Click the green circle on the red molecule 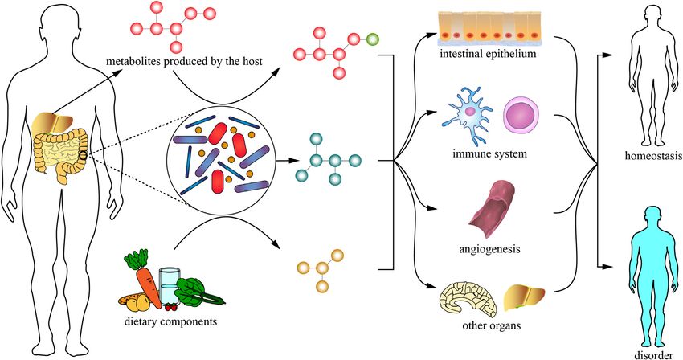pos(372,39)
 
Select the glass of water pos(168,286)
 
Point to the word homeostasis pos(653,156)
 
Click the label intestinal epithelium pos(488,54)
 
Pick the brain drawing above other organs pos(468,301)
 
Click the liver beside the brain pos(524,299)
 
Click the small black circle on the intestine pos(82,155)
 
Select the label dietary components pos(170,322)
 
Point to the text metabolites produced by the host pos(184,61)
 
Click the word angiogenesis pos(489,249)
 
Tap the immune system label pos(489,153)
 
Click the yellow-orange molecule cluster pos(321,269)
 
